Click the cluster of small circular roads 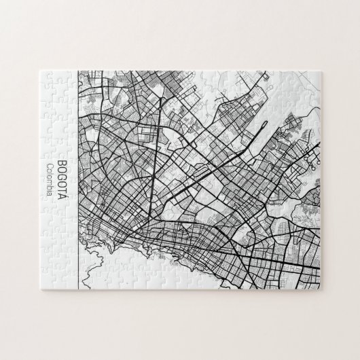[x=311, y=159]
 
